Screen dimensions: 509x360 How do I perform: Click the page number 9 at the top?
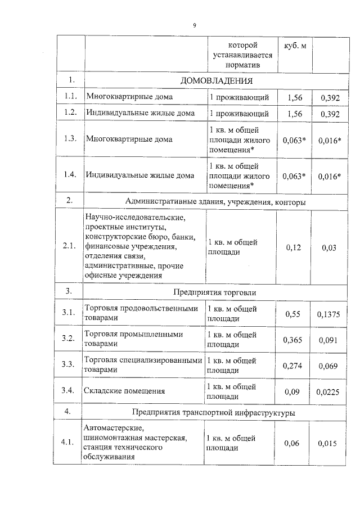point(194,25)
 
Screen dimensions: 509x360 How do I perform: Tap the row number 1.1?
point(70,97)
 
